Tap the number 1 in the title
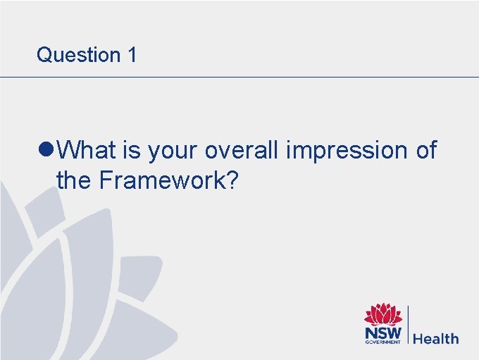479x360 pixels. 132,55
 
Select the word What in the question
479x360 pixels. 86,150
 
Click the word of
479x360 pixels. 424,150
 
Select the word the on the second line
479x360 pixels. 74,180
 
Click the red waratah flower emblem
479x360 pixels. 382,315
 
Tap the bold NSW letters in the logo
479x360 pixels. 382,332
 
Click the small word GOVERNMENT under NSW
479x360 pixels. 382,342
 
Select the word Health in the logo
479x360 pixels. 435,339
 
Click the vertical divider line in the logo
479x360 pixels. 407,325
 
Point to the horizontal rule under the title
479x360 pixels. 240,77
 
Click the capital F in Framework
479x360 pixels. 106,180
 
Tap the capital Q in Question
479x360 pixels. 44,55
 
